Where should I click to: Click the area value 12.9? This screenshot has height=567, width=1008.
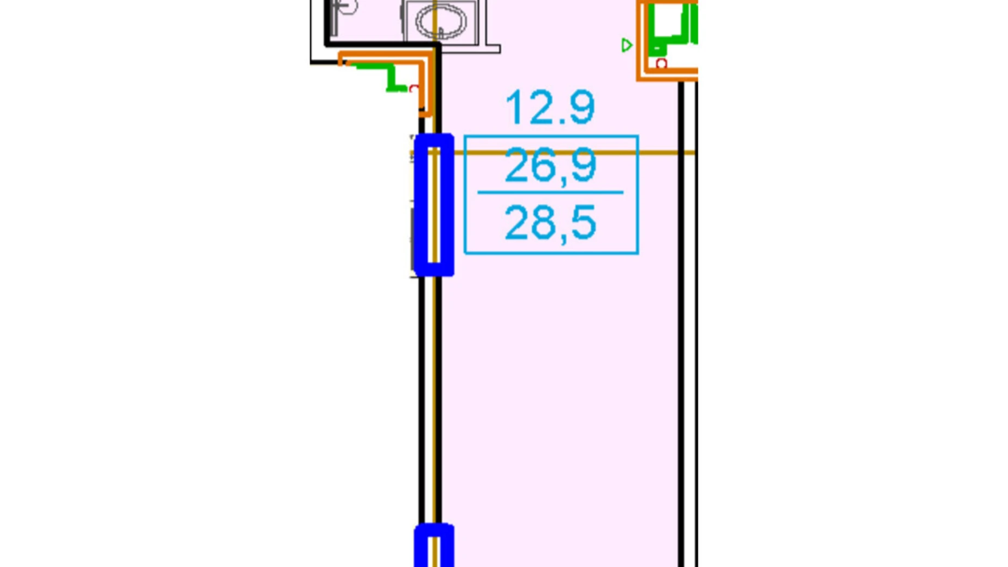pyautogui.click(x=550, y=107)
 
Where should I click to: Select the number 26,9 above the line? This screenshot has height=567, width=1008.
pyautogui.click(x=550, y=166)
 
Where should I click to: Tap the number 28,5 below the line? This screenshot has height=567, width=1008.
pyautogui.click(x=550, y=222)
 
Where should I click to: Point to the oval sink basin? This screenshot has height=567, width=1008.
pyautogui.click(x=440, y=22)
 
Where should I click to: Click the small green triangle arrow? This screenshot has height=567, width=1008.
pyautogui.click(x=627, y=45)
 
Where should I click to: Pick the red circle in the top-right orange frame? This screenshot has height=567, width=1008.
pyautogui.click(x=661, y=64)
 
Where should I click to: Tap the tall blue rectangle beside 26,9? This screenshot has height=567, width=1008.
pyautogui.click(x=434, y=204)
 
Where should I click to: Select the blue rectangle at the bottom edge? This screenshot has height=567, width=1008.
pyautogui.click(x=434, y=545)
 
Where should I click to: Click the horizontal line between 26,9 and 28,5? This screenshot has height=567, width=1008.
pyautogui.click(x=550, y=192)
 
